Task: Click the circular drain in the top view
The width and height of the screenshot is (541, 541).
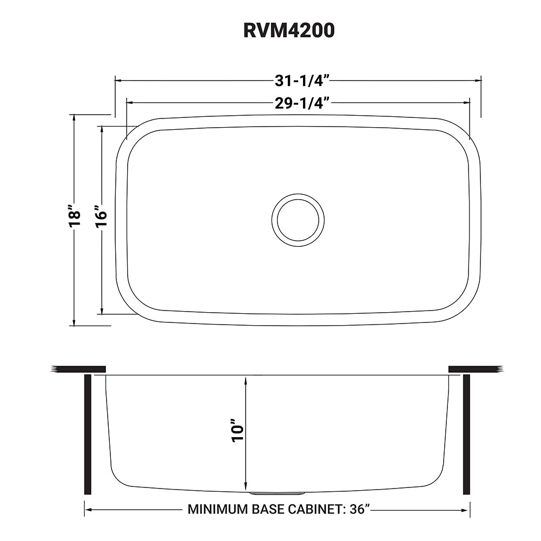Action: coord(298,219)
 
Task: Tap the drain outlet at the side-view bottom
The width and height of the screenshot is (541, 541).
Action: coord(278,493)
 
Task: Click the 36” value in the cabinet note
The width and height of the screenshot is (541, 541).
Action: coord(359,509)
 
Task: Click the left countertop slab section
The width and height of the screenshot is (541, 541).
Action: coord(78,369)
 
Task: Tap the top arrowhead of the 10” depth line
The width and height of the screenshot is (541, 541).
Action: coord(247,379)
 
